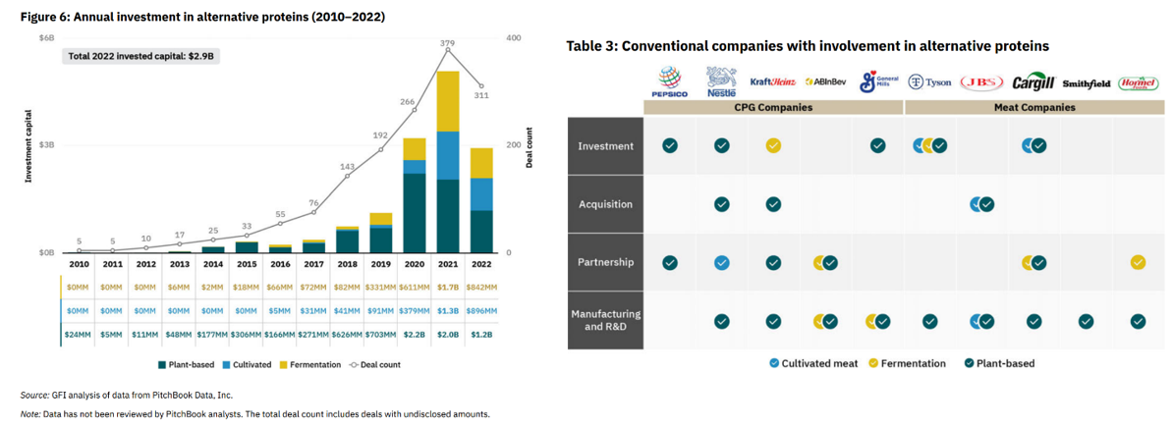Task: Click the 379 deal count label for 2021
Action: click(x=448, y=43)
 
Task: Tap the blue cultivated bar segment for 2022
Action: click(x=481, y=193)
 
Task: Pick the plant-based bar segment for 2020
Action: click(x=415, y=212)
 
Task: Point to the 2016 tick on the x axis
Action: click(x=280, y=264)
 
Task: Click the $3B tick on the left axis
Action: click(x=47, y=145)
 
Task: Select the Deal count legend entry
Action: click(x=374, y=364)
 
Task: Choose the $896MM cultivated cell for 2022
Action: click(x=481, y=310)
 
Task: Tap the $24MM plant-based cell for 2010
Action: click(x=80, y=334)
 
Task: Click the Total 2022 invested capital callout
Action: click(x=140, y=56)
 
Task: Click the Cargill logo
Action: click(x=1033, y=82)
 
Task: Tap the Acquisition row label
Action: click(x=605, y=204)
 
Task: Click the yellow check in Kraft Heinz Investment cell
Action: click(x=773, y=146)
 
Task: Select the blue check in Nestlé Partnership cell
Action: click(x=721, y=262)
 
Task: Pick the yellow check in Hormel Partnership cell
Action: click(x=1138, y=262)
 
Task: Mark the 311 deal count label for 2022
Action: click(x=481, y=95)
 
